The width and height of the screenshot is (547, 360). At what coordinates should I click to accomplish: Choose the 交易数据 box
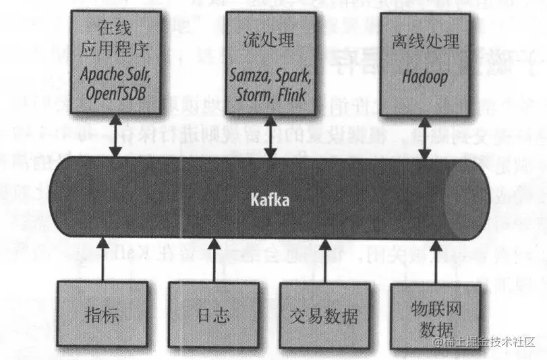[x=324, y=315]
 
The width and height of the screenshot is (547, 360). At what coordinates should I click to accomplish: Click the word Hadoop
[x=425, y=77]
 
